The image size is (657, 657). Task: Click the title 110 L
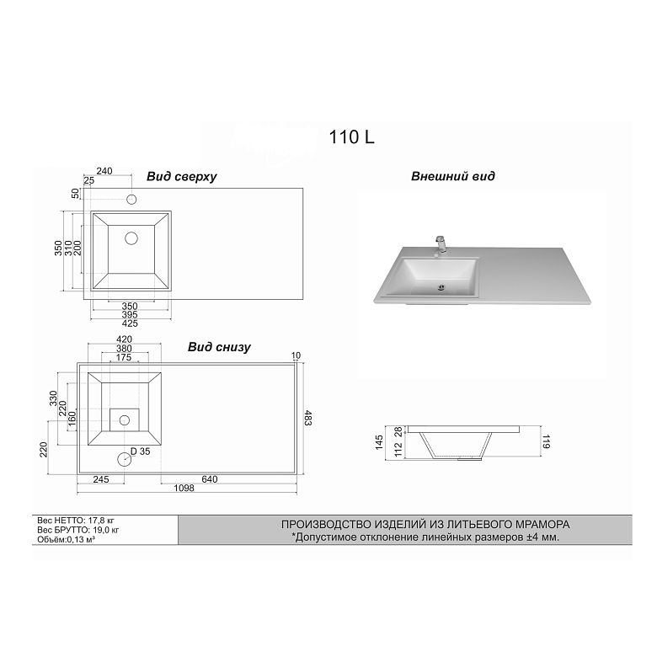(351, 137)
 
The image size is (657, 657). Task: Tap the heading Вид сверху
(181, 176)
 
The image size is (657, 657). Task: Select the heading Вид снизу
(219, 347)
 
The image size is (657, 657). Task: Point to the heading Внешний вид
(453, 176)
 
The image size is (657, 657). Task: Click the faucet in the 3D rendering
(441, 246)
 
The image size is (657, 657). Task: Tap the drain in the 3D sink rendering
(441, 287)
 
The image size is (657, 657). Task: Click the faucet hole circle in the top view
(131, 200)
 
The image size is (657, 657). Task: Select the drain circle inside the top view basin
(131, 238)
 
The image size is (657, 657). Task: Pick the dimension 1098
(184, 489)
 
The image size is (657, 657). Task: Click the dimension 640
(210, 479)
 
